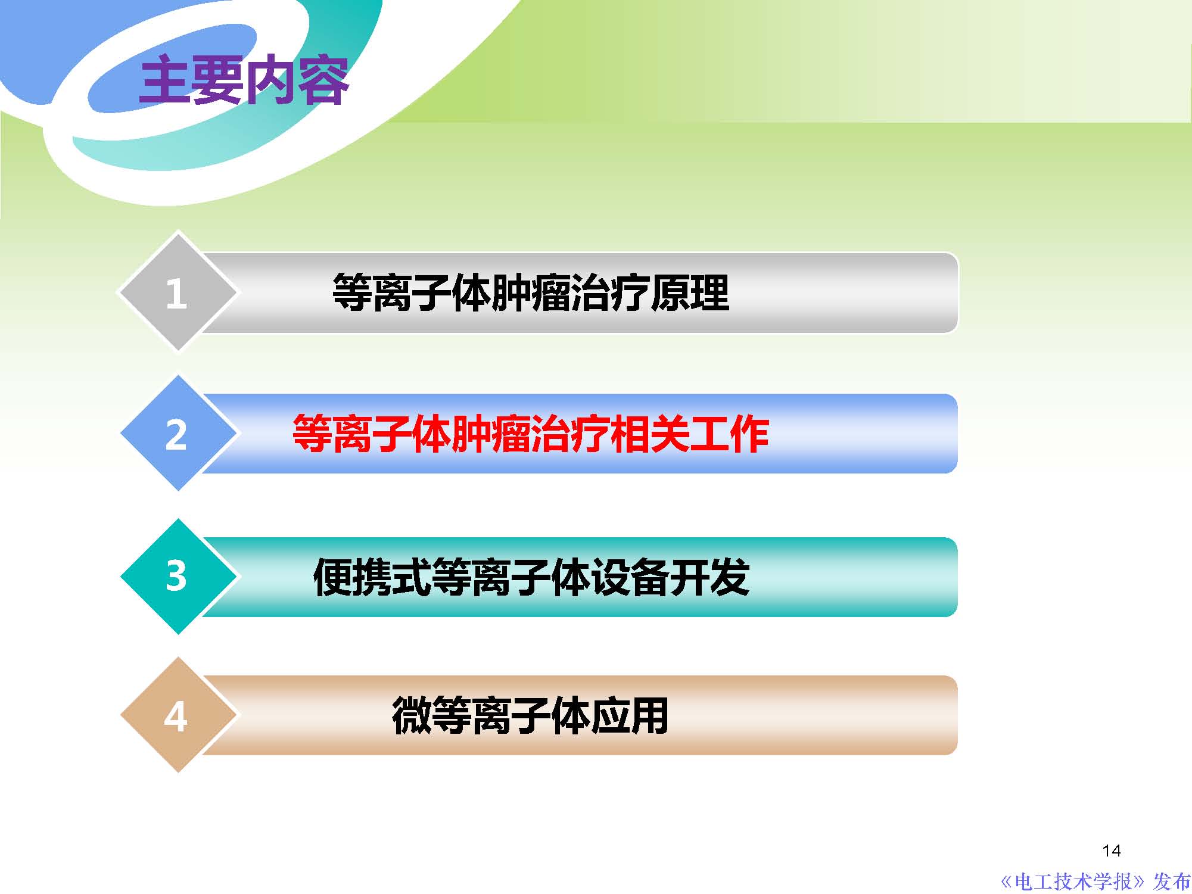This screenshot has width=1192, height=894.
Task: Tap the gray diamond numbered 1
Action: pos(177,292)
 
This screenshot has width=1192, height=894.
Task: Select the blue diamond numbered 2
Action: pos(177,434)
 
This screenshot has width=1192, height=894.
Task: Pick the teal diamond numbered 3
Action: pos(177,576)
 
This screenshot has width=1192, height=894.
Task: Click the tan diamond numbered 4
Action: pos(177,715)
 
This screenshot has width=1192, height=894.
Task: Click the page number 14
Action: pos(1112,851)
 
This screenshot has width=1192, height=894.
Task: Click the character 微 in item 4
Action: pos(412,716)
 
